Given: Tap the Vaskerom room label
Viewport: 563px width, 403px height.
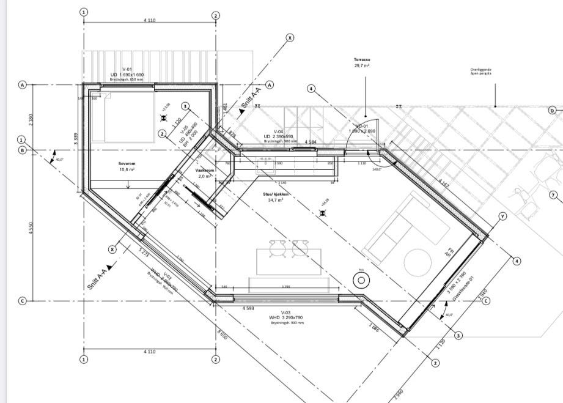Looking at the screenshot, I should click(204, 169).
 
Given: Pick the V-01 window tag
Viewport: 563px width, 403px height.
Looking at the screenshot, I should click(127, 70).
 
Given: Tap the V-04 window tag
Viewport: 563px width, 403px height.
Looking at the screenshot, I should click(278, 131).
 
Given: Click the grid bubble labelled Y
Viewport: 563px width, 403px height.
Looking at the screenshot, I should click(503, 216).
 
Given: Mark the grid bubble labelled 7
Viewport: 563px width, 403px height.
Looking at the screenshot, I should click(553, 195).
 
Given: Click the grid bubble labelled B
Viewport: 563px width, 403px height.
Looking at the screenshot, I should click(22, 150).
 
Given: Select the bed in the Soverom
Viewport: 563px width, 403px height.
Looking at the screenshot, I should click(122, 116).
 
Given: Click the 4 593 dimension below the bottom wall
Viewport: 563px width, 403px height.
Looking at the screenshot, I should click(248, 308).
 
